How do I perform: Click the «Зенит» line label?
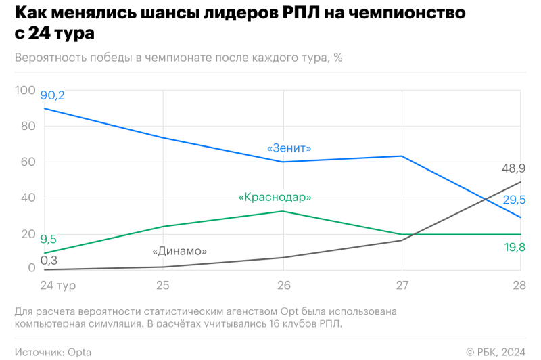(x=289, y=148)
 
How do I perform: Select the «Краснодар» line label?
(x=275, y=197)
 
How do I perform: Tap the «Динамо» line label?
(x=179, y=251)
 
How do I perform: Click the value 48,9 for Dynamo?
(x=513, y=168)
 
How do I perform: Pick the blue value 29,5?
(x=513, y=199)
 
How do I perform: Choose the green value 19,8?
(x=514, y=248)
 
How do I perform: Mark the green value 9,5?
(x=48, y=239)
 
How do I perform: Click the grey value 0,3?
(x=48, y=260)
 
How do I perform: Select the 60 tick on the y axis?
(x=28, y=162)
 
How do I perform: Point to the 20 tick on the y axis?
(x=28, y=234)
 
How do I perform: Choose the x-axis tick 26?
(x=283, y=286)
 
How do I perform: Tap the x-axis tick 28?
(x=519, y=286)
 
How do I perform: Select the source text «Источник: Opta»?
(x=53, y=352)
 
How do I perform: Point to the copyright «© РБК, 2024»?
(x=496, y=352)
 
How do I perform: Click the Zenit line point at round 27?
(x=402, y=156)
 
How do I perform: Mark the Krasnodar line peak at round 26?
(x=283, y=211)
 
